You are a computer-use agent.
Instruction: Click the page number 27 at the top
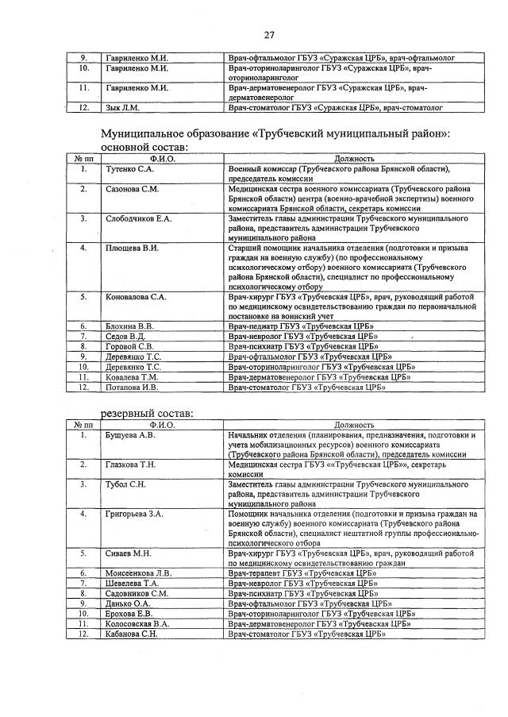(269, 34)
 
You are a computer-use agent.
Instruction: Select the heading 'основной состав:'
(144, 147)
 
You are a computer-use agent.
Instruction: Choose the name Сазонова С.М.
(132, 189)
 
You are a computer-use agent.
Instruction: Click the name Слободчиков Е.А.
(138, 218)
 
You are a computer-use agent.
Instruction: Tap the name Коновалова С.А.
(136, 297)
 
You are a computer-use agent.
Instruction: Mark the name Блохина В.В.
(129, 326)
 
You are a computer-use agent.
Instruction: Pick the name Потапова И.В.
(132, 387)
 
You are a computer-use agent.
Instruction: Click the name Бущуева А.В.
(130, 435)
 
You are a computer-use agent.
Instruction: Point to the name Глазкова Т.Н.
(130, 464)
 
